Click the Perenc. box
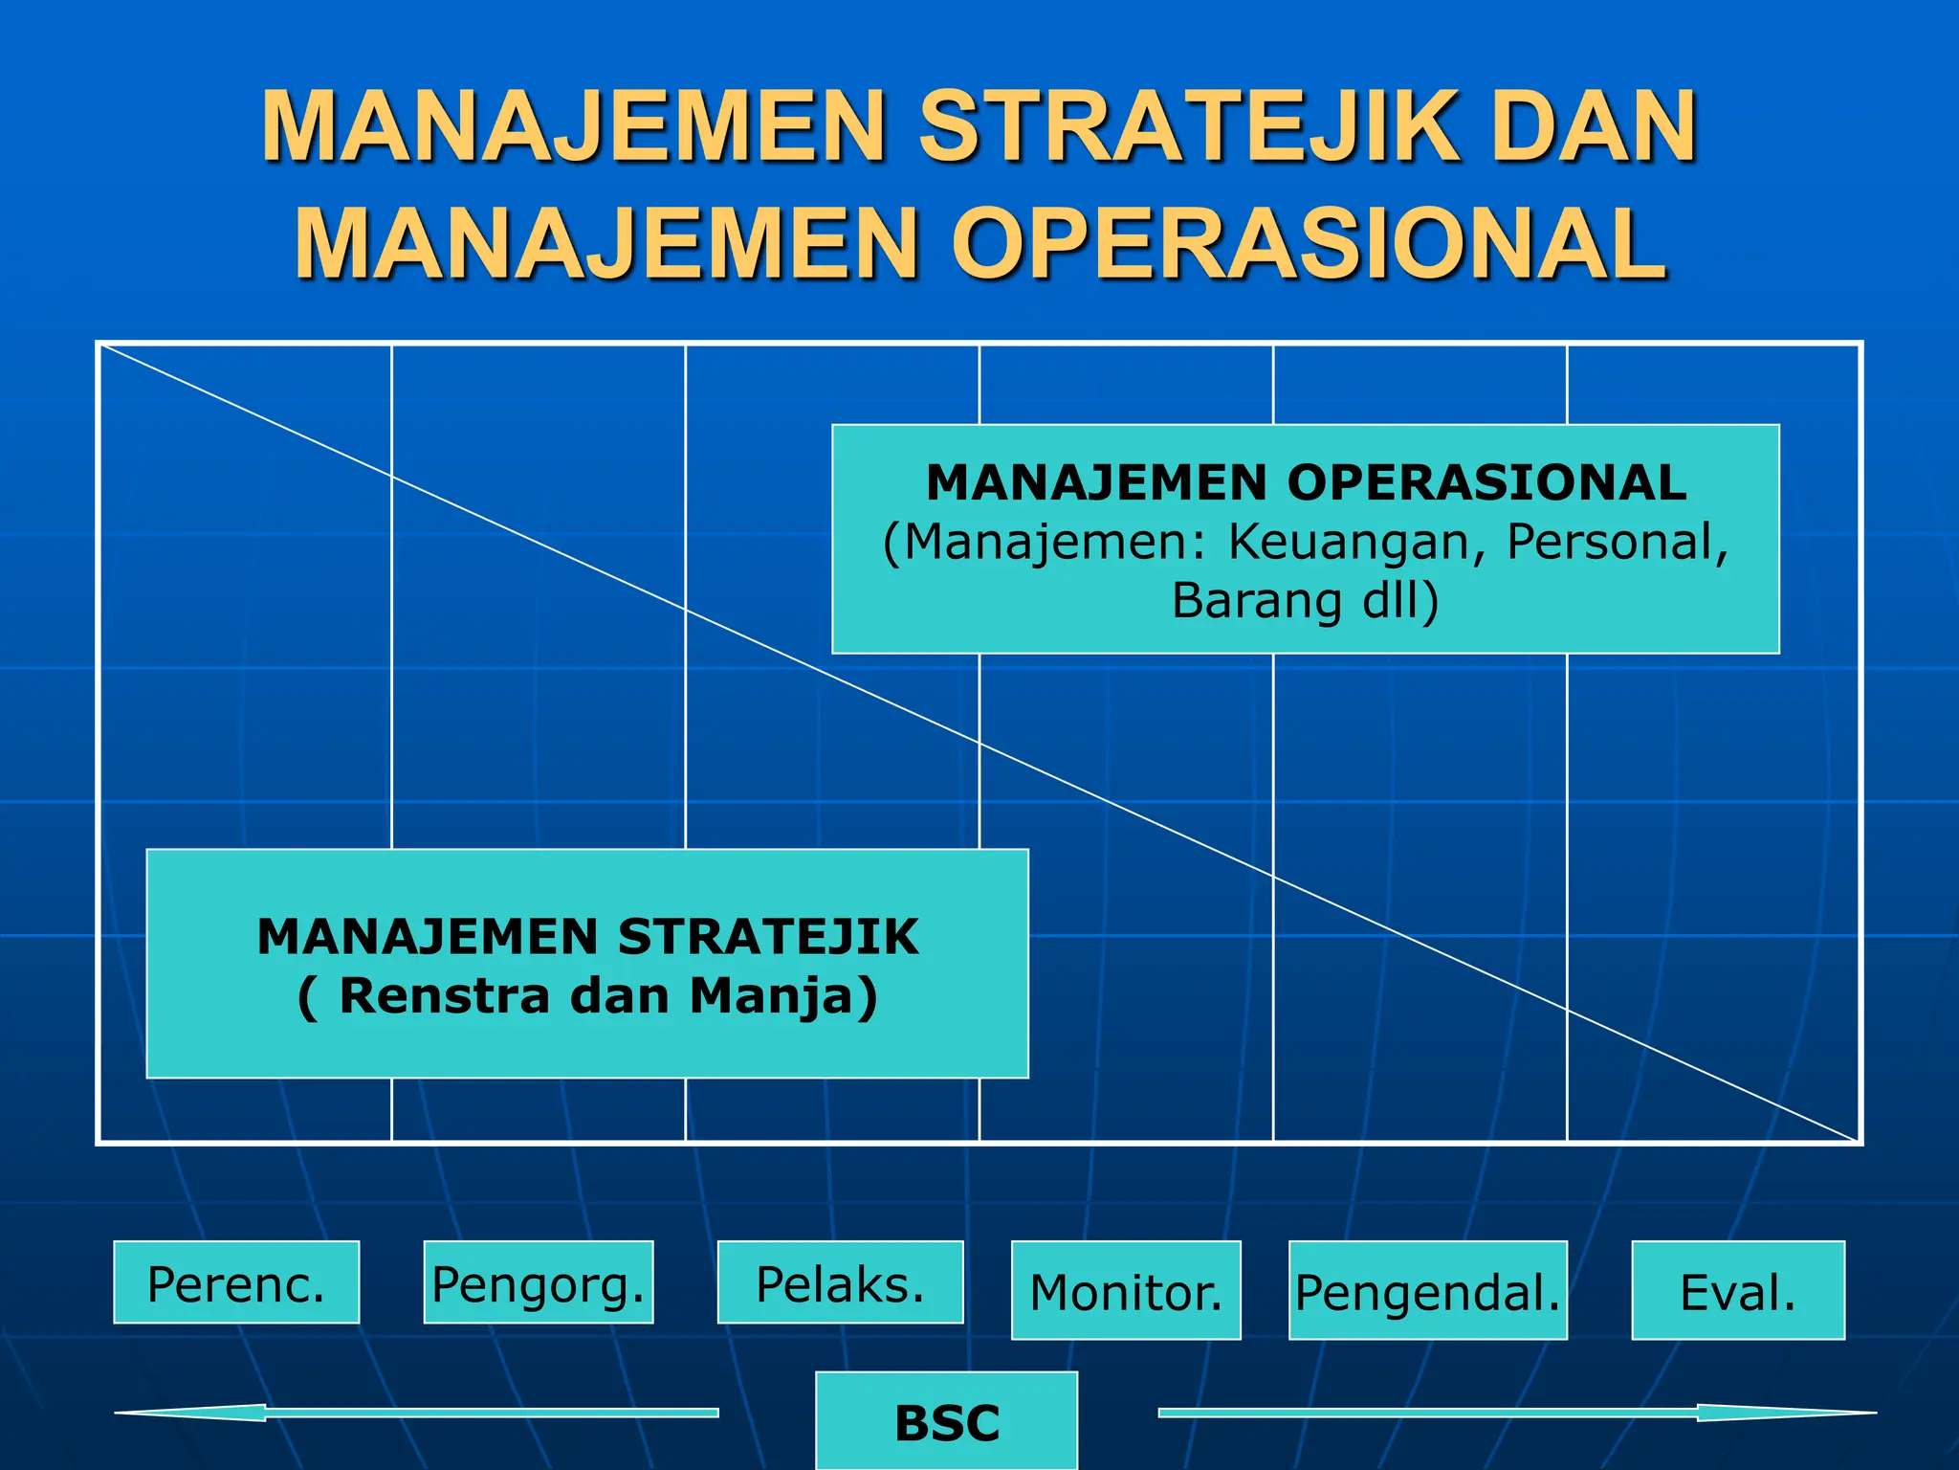click(x=236, y=1282)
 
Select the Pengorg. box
click(x=539, y=1282)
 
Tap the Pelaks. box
click(x=840, y=1282)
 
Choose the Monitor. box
click(x=1126, y=1290)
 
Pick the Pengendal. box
click(x=1427, y=1290)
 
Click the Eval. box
click(x=1737, y=1290)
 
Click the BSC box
click(x=946, y=1421)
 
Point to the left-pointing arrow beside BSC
click(x=416, y=1413)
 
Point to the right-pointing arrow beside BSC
click(x=1516, y=1413)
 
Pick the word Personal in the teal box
click(x=1617, y=542)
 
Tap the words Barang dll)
click(x=1306, y=601)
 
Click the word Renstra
click(x=445, y=995)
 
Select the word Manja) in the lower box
click(x=782, y=995)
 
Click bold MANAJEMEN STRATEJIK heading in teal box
click(x=587, y=936)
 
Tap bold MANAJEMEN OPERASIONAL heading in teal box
click(x=1306, y=482)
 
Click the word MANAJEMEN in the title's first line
click(x=574, y=126)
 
